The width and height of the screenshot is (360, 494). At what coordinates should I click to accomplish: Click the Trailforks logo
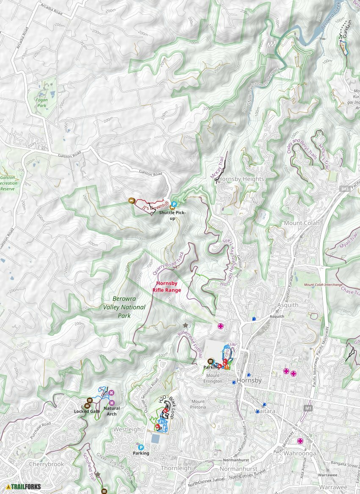pyautogui.click(x=24, y=487)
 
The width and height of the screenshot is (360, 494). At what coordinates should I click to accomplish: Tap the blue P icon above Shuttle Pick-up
pyautogui.click(x=174, y=204)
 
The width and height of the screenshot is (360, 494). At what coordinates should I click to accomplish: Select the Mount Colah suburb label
pyautogui.click(x=302, y=223)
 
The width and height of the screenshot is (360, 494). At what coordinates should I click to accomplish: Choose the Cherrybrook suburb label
pyautogui.click(x=47, y=464)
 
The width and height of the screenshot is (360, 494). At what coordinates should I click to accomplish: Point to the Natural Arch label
pyautogui.click(x=111, y=411)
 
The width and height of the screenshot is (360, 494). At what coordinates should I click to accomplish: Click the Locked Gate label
pyautogui.click(x=87, y=411)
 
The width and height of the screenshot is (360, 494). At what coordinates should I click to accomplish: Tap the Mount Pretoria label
pyautogui.click(x=198, y=404)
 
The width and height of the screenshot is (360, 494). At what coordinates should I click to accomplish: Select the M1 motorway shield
pyautogui.click(x=308, y=408)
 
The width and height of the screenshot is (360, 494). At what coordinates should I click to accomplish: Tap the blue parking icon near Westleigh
pyautogui.click(x=141, y=447)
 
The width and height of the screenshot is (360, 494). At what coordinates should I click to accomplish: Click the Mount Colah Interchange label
pyautogui.click(x=323, y=285)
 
